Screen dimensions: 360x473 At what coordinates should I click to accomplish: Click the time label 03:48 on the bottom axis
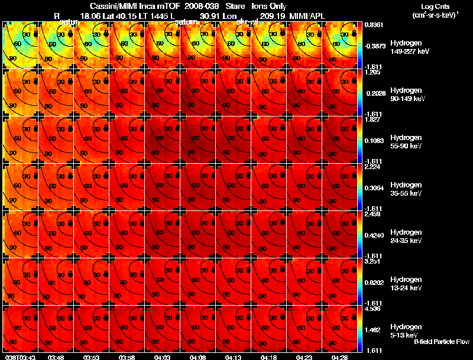pos(56,357)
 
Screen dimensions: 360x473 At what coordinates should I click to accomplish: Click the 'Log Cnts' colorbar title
pos(434,7)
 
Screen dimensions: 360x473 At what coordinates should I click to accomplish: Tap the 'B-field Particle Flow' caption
pos(442,342)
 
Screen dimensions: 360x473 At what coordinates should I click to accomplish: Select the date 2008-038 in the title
pos(202,7)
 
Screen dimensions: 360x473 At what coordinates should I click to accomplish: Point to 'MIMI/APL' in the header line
pos(307,18)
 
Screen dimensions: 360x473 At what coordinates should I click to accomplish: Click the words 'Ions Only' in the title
pos(269,7)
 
